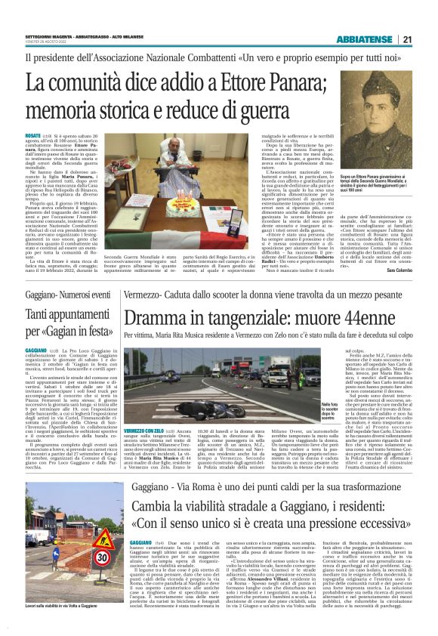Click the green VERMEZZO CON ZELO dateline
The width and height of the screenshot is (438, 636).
(143, 429)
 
